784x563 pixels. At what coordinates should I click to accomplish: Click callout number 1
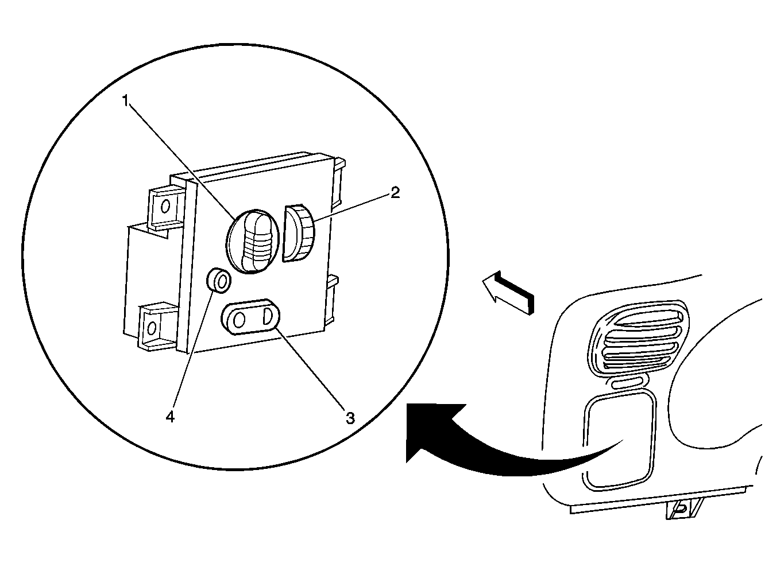click(x=126, y=100)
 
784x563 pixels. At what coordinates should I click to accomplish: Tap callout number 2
click(x=395, y=193)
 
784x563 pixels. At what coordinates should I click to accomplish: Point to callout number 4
click(x=169, y=417)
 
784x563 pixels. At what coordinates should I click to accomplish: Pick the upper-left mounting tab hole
click(x=165, y=205)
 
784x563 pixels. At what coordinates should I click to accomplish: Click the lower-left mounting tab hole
click(x=152, y=328)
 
